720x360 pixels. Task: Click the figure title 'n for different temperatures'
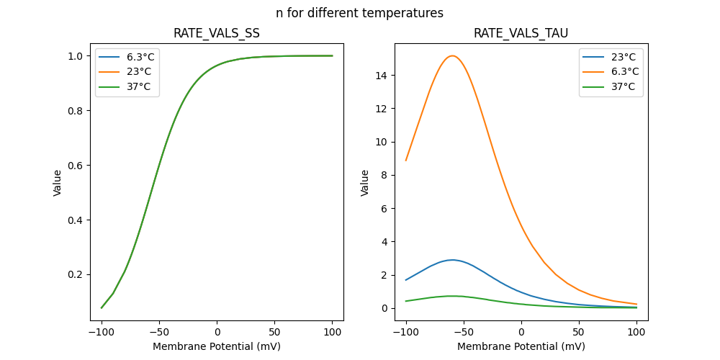(x=359, y=13)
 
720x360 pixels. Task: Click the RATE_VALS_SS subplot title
(x=217, y=34)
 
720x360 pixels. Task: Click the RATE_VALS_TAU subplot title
(x=521, y=34)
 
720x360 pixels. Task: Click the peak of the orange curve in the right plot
(x=452, y=55)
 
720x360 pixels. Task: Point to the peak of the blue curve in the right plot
(x=452, y=260)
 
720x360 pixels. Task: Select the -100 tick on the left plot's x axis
(x=102, y=332)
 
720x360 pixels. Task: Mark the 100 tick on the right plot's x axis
(x=636, y=332)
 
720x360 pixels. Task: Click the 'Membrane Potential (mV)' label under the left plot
(x=217, y=346)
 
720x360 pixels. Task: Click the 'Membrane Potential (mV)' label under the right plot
(x=521, y=346)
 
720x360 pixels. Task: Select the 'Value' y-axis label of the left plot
(x=58, y=182)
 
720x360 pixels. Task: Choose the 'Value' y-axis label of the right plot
(x=365, y=182)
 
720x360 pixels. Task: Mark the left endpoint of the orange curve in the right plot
(x=406, y=161)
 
